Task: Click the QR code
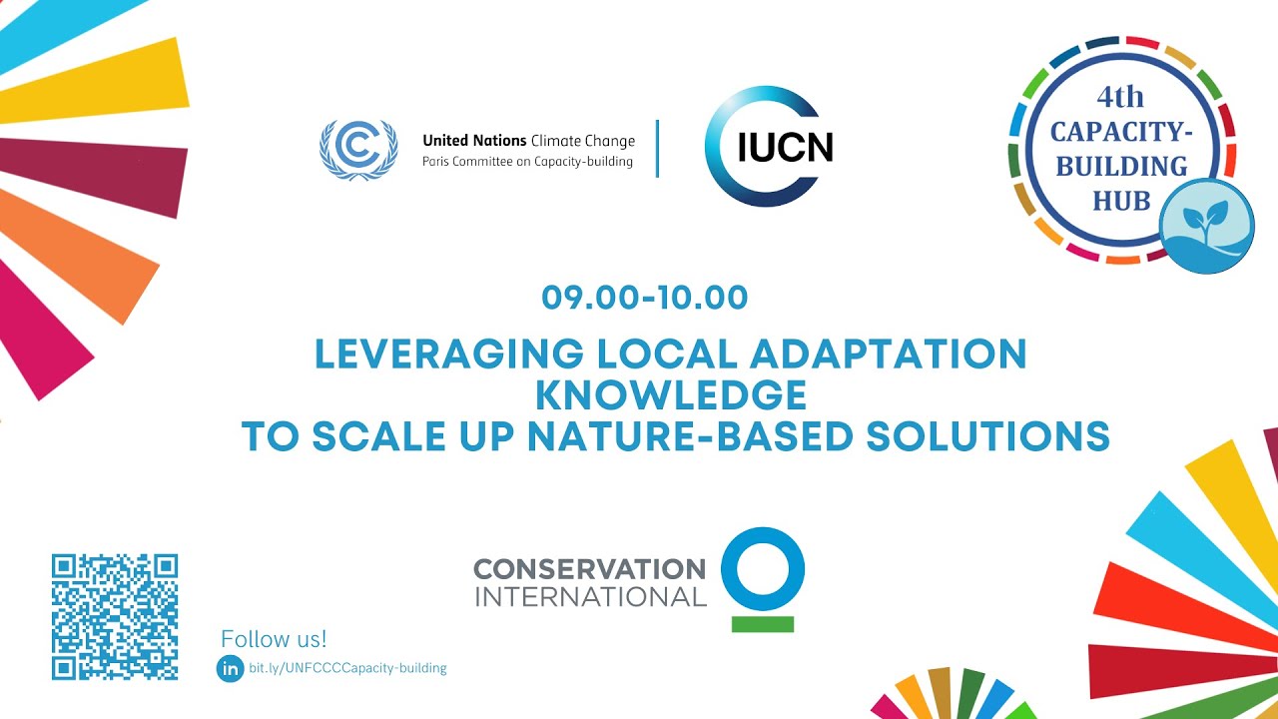click(x=115, y=617)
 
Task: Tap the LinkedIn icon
click(x=230, y=669)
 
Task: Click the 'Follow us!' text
click(x=274, y=639)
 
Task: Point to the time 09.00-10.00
click(x=645, y=298)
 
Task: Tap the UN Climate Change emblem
click(x=357, y=150)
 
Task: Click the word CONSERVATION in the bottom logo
click(x=589, y=569)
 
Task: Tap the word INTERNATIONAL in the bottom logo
click(x=589, y=597)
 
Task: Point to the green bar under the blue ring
click(x=762, y=624)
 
